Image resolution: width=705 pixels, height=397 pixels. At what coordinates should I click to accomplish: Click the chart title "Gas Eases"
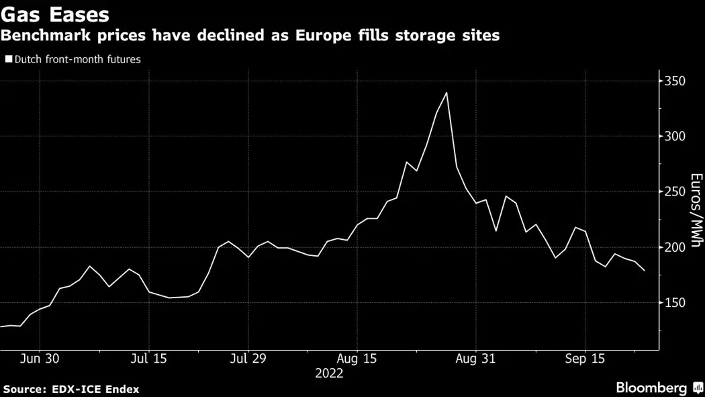[56, 13]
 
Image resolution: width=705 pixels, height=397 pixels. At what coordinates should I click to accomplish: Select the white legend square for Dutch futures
[8, 59]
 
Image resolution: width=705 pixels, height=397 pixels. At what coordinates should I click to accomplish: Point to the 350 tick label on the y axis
[674, 81]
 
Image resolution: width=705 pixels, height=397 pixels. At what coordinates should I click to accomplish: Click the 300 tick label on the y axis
[674, 136]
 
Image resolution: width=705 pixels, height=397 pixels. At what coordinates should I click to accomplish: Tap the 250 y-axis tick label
[674, 192]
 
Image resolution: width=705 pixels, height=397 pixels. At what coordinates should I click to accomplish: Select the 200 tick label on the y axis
[674, 247]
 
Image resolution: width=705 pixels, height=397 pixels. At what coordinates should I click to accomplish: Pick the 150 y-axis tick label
[674, 302]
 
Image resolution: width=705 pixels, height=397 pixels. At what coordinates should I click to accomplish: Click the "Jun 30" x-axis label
[40, 359]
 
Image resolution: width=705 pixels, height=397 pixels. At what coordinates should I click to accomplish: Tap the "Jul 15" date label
[148, 359]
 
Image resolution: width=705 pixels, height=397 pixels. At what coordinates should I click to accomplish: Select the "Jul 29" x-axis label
[248, 359]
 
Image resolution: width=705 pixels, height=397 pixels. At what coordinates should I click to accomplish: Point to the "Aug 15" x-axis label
[357, 359]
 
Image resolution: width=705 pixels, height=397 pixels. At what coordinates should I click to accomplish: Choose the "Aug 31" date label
[475, 359]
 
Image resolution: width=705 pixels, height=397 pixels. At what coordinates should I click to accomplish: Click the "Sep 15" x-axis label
[585, 359]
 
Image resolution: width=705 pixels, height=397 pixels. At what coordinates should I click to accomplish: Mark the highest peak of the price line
[446, 93]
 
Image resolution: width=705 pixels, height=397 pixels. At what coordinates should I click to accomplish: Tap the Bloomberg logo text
[651, 388]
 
